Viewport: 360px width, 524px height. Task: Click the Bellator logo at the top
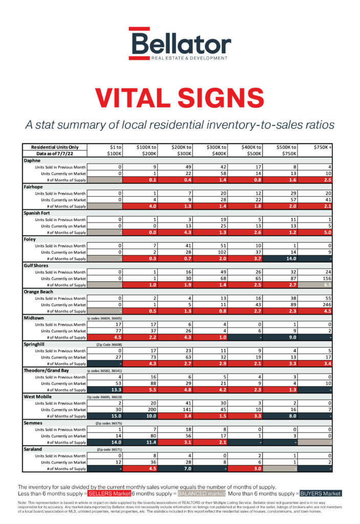coord(179,44)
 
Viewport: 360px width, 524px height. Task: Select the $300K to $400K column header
coord(216,150)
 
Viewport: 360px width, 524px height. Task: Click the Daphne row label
coord(32,160)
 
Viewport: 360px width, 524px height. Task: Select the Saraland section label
coord(34,449)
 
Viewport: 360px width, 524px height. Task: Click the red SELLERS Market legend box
coord(108,494)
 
